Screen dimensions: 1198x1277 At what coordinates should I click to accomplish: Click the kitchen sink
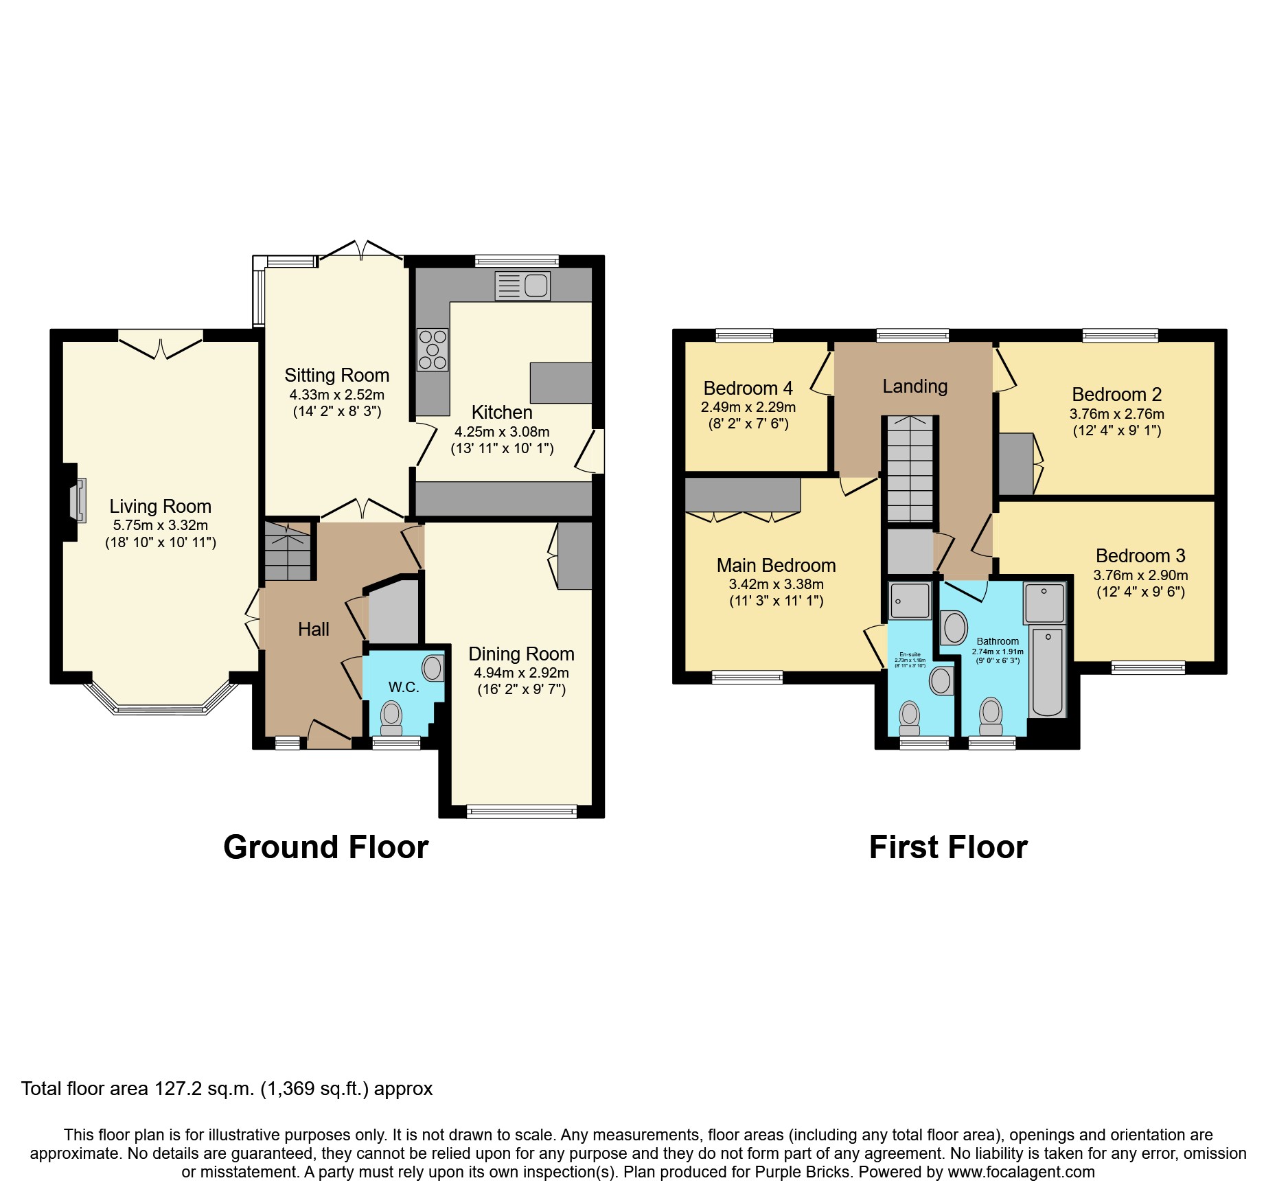522,286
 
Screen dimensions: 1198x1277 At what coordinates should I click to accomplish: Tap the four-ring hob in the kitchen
433,349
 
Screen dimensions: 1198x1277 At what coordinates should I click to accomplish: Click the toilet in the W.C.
391,715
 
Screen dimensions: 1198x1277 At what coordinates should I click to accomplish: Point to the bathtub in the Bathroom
1048,671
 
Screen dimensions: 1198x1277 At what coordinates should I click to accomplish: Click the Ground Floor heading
325,847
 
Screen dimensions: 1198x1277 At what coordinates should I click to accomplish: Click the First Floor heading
948,847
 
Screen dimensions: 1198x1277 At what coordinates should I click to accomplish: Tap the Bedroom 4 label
748,389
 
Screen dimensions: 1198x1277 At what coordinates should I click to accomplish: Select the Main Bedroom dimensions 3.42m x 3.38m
776,584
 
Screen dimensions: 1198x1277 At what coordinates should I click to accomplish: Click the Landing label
914,387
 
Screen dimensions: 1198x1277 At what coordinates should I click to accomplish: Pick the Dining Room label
521,654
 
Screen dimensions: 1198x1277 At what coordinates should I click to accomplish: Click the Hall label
313,629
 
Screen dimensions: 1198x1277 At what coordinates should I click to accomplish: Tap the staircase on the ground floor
288,551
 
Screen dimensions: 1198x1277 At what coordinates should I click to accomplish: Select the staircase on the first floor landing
910,468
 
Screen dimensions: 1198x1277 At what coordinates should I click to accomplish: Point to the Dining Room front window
521,811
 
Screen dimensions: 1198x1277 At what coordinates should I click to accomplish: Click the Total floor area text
227,1089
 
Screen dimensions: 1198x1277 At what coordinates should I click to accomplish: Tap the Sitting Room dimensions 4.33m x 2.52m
336,395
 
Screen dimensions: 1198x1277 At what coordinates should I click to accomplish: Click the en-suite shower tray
909,601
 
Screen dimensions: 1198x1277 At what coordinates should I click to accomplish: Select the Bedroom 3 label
1140,555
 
